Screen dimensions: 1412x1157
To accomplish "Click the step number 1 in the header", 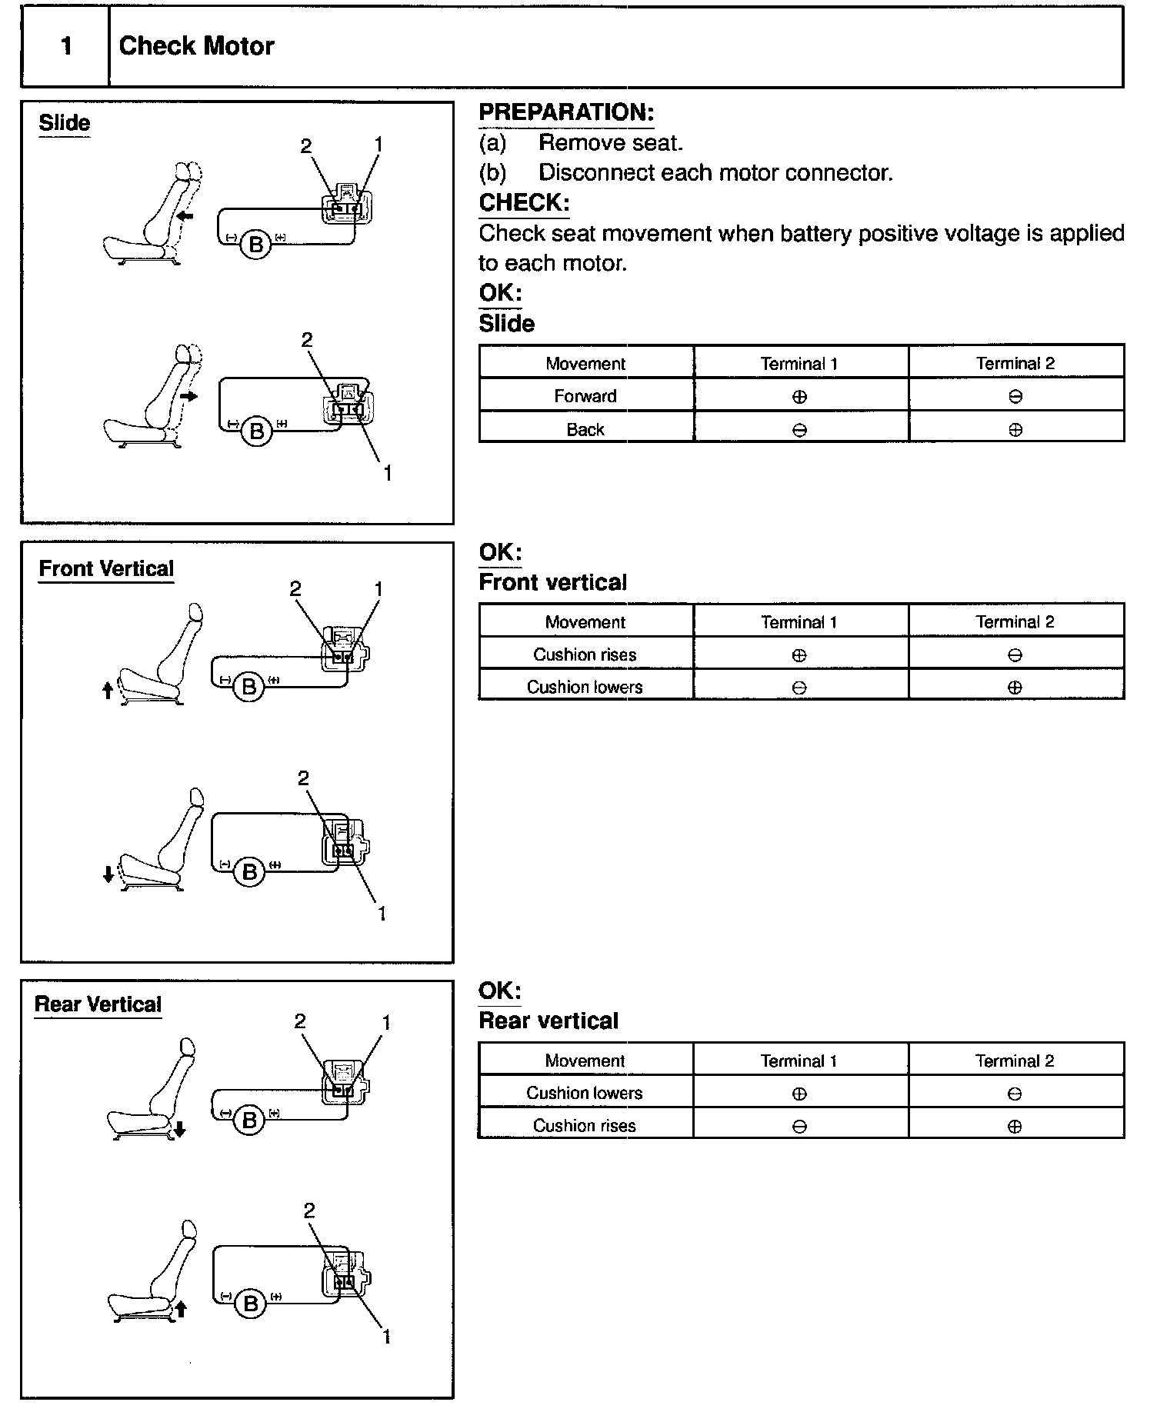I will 66,46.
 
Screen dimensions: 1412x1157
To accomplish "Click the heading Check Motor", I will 196,46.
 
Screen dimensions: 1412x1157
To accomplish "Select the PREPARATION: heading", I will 566,112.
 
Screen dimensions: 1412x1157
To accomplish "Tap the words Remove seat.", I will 610,142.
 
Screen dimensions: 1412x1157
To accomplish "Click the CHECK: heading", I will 524,203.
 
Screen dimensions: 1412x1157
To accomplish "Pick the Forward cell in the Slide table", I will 585,396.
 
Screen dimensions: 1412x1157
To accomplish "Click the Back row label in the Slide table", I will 585,429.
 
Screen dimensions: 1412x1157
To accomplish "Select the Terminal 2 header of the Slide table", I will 1015,363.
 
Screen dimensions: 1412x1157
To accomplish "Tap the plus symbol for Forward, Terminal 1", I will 799,397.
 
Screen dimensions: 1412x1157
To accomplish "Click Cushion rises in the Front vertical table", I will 585,654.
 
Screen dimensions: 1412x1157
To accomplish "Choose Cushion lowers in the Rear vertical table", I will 585,1093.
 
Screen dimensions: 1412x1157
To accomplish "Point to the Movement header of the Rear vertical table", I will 585,1061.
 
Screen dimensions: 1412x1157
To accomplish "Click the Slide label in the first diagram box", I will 65,123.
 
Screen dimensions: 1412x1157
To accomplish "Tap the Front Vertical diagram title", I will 106,569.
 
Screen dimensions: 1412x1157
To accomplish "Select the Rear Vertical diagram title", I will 98,1004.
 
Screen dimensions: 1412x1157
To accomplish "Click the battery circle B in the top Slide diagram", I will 256,245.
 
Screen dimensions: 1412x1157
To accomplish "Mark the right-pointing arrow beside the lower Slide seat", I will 189,396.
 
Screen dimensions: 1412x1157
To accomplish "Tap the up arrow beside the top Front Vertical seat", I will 108,690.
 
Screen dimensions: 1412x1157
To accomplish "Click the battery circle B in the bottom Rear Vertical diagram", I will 250,1304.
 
